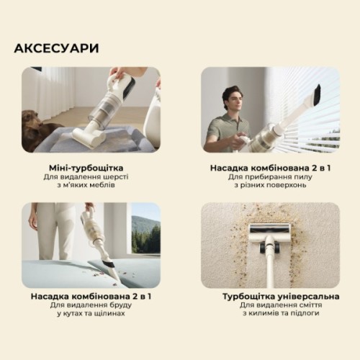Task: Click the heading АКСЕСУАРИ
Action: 56,48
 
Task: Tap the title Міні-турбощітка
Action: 90,166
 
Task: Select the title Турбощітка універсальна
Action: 271,296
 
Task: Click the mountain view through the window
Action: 145,230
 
